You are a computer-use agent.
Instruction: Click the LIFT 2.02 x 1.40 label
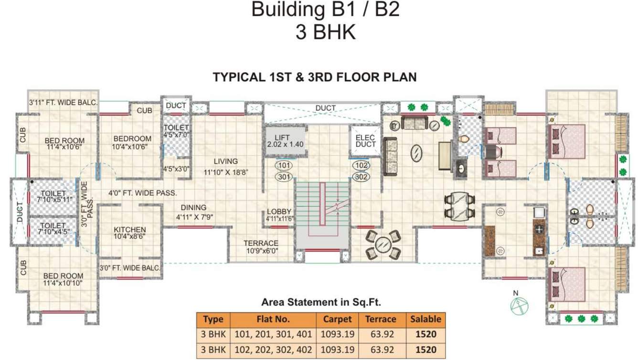tap(286, 140)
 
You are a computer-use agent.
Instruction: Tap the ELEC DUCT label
tap(366, 140)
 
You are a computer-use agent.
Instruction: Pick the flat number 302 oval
tap(361, 177)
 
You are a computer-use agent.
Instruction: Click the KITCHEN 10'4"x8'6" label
tap(129, 233)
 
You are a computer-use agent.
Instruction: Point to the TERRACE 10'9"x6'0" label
tap(261, 246)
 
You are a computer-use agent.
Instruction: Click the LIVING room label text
tap(226, 161)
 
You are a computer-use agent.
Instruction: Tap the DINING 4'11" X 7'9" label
tap(193, 212)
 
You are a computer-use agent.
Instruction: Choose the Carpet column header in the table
tap(337, 319)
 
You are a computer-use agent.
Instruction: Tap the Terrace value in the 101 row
tap(381, 335)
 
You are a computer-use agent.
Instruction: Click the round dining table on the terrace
tap(382, 244)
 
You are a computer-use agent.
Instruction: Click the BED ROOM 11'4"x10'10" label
tap(63, 279)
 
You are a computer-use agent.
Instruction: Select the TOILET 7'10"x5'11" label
tap(53, 196)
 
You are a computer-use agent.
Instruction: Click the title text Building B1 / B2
tap(325, 10)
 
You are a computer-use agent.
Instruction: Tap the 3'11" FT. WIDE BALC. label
tap(63, 102)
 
